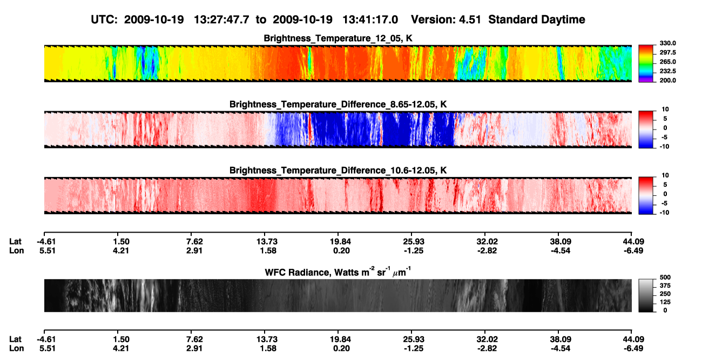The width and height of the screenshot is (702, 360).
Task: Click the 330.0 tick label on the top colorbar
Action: click(667, 43)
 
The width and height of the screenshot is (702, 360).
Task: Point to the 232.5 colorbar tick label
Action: click(667, 71)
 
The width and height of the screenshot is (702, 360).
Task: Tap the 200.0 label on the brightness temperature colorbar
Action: click(667, 80)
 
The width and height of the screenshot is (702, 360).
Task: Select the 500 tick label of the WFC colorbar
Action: click(665, 277)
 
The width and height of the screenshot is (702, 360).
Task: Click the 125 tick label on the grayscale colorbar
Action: click(665, 302)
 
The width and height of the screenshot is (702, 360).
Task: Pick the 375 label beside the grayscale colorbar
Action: click(665, 286)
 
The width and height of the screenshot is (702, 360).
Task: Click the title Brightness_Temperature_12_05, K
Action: click(338, 38)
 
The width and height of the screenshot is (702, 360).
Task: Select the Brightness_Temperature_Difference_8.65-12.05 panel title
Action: click(338, 104)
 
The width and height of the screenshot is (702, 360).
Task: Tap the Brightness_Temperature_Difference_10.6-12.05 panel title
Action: click(338, 171)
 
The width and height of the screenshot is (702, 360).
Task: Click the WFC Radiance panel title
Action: click(338, 272)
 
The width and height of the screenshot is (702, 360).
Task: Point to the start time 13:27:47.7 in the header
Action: click(221, 20)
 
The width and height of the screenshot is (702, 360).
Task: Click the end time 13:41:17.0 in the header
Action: click(370, 20)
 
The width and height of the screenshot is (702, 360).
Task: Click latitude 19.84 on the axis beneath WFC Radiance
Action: click(340, 339)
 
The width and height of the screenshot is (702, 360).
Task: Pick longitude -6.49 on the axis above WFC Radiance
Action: click(633, 250)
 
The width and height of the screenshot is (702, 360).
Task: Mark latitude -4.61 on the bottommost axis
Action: click(46, 339)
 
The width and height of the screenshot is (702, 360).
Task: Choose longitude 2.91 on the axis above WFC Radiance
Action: click(194, 250)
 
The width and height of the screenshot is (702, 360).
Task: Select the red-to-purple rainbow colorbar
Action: click(646, 64)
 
